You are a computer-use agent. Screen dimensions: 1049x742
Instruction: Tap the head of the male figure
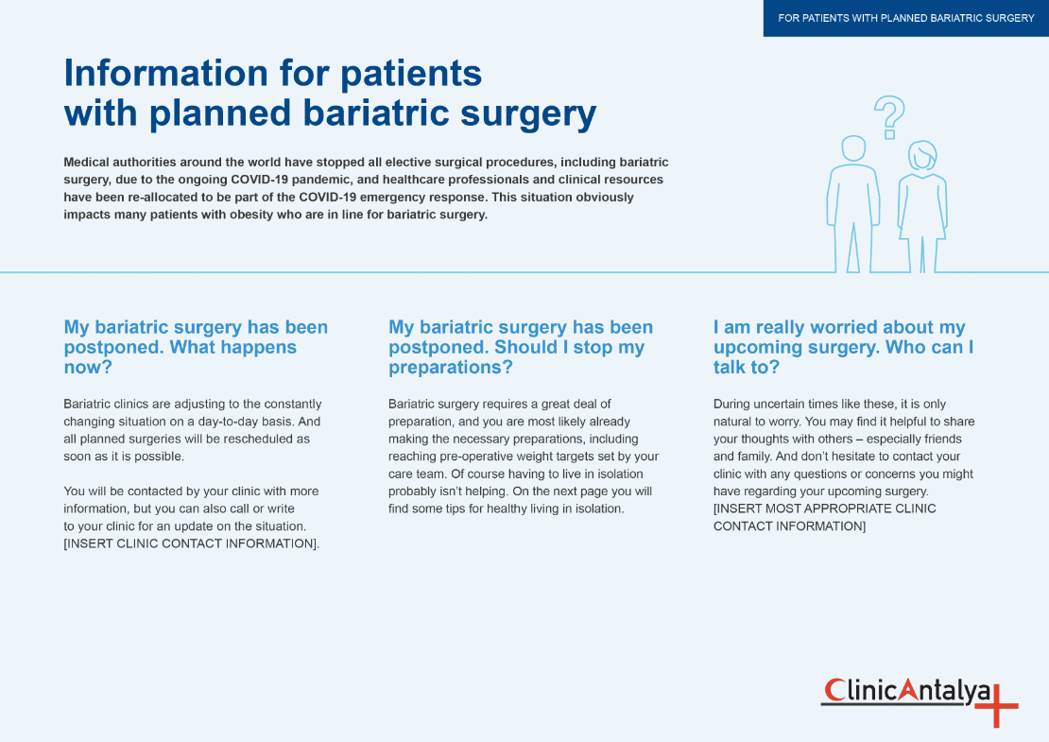[853, 147]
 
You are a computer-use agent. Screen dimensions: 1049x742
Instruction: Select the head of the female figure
[922, 155]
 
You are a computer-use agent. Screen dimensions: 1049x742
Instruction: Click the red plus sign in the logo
[997, 705]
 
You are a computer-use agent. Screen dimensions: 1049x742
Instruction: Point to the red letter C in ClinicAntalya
[834, 690]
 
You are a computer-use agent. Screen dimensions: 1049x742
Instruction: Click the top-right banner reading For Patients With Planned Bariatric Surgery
[906, 18]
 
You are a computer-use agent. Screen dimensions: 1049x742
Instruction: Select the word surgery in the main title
[528, 114]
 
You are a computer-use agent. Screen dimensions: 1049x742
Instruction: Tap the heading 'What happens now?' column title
[196, 347]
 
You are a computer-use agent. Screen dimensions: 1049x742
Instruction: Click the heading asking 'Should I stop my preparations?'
[521, 347]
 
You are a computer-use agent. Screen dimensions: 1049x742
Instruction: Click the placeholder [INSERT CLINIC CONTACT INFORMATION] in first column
[191, 544]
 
